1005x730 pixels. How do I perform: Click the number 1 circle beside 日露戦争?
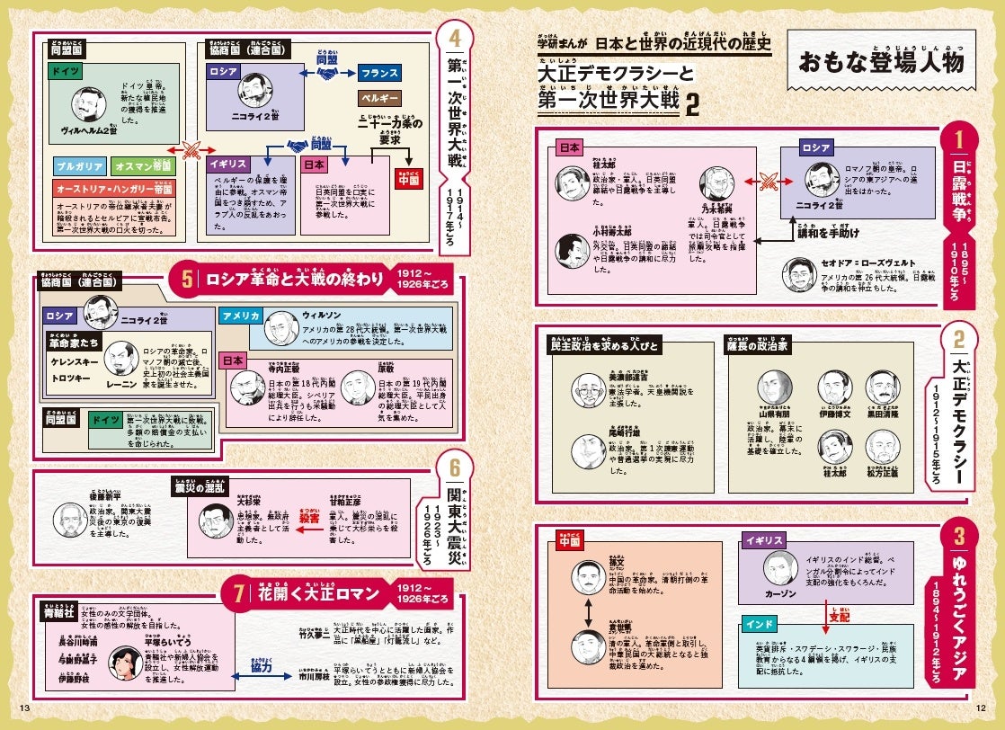[958, 141]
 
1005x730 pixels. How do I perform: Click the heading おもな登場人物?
[880, 62]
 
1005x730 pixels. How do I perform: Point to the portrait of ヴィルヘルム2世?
[89, 106]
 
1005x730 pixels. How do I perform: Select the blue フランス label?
[385, 73]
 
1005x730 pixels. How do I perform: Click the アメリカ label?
[240, 316]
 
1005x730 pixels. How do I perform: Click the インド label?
[753, 624]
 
